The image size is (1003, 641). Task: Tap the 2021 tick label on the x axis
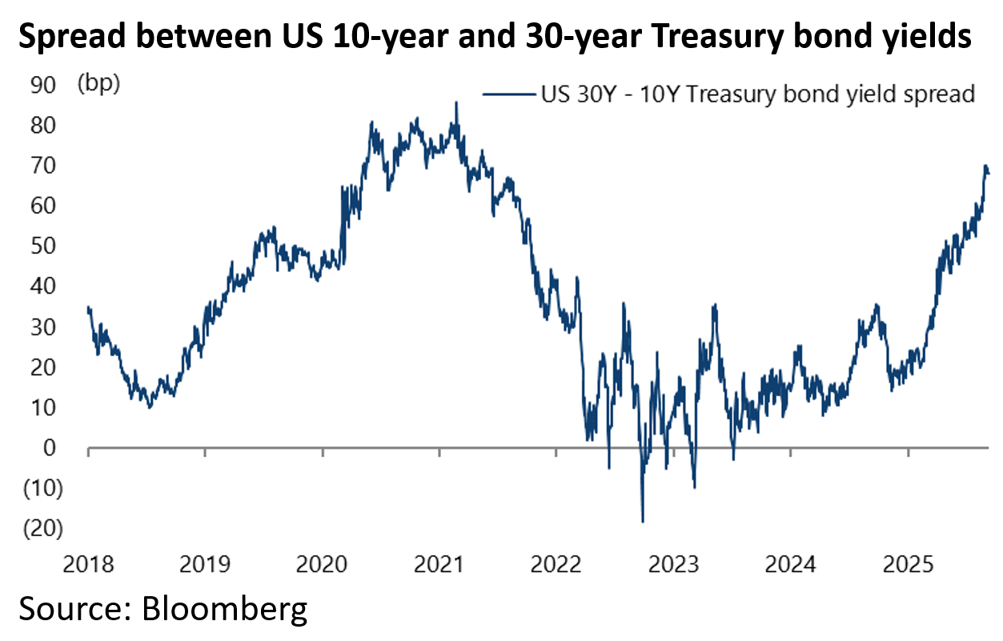pyautogui.click(x=439, y=565)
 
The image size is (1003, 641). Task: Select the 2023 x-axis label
pyautogui.click(x=673, y=565)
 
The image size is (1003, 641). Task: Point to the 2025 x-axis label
pyautogui.click(x=908, y=565)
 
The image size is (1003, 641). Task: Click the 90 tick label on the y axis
pyautogui.click(x=44, y=84)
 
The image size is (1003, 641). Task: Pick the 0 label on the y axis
pyautogui.click(x=49, y=448)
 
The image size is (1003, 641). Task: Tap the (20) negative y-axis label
pyautogui.click(x=43, y=528)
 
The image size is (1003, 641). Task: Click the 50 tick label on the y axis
pyautogui.click(x=44, y=246)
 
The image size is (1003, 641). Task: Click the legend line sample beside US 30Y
pyautogui.click(x=507, y=94)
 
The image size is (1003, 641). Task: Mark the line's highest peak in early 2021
pyautogui.click(x=456, y=102)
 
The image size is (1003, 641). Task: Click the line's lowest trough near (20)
pyautogui.click(x=642, y=522)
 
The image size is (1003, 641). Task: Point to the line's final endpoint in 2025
pyautogui.click(x=988, y=173)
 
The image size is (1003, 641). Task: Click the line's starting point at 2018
pyautogui.click(x=88, y=308)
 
